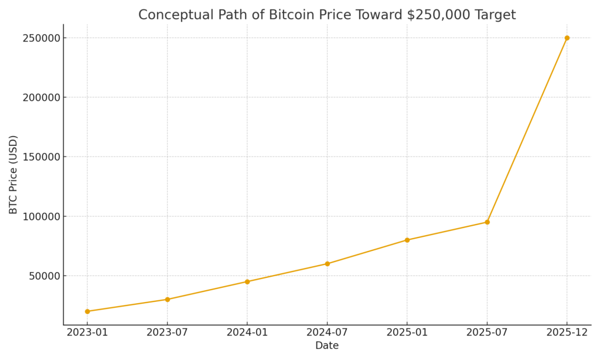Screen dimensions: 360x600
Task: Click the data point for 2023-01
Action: coord(87,311)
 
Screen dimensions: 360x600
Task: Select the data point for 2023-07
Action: coord(167,300)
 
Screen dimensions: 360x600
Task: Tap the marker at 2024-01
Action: coord(247,281)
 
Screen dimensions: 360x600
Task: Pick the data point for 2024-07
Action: coord(327,264)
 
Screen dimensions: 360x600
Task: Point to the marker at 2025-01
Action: coord(407,240)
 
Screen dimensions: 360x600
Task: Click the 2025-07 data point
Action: coord(487,222)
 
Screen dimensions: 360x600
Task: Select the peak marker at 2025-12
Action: coord(567,38)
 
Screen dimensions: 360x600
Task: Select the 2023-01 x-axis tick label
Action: coord(87,332)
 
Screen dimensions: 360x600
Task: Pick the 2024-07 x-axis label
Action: coord(327,332)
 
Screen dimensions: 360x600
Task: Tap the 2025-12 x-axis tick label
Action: coord(567,332)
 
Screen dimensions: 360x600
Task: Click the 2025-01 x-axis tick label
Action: coord(407,332)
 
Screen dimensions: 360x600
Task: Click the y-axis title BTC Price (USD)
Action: coord(13,174)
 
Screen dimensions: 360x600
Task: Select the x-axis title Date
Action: coord(327,346)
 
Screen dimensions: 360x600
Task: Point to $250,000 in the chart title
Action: coord(439,15)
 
